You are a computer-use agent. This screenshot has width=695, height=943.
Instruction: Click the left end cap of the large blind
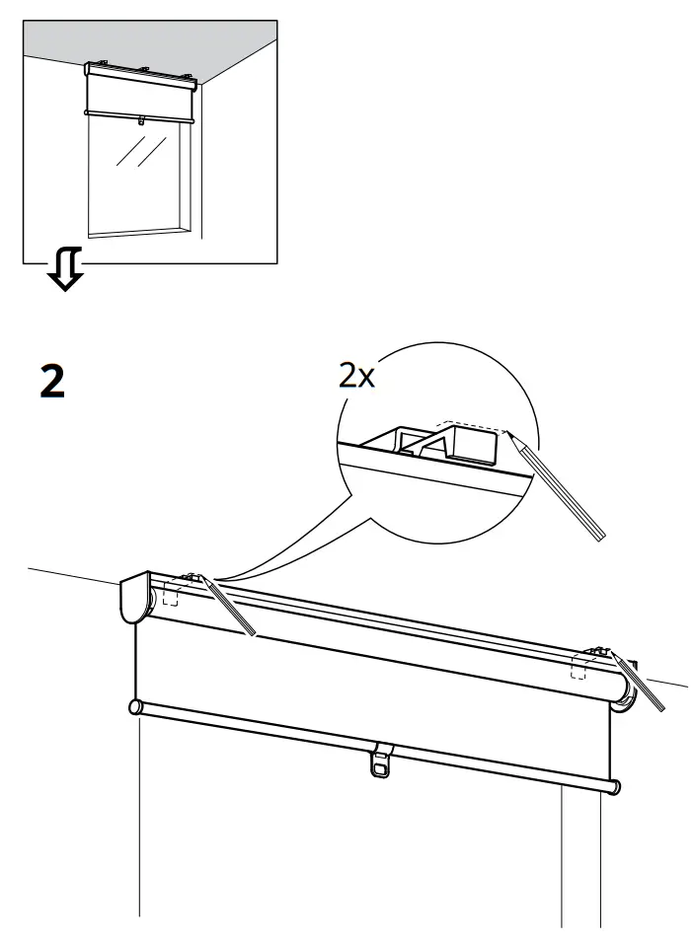pos(133,601)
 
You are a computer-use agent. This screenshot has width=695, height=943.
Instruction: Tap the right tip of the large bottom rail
pos(616,787)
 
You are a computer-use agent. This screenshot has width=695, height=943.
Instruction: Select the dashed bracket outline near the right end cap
pos(579,670)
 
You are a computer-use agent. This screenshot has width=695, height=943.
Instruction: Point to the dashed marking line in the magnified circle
pos(474,427)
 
